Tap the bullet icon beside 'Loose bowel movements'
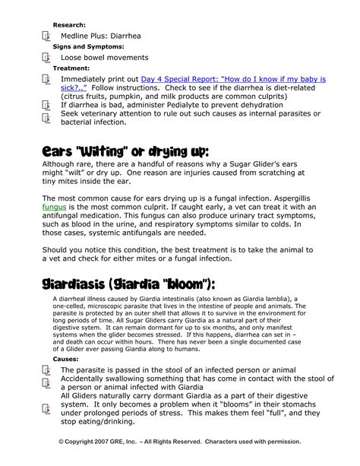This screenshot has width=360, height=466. tap(46, 57)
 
